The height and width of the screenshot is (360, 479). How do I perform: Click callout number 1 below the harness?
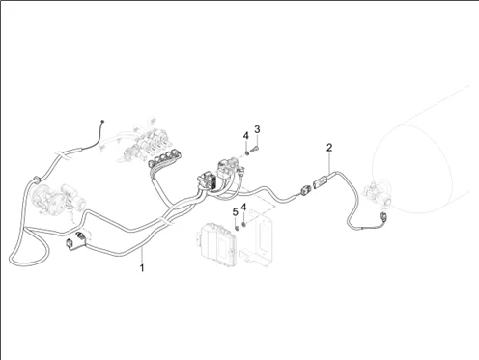142,267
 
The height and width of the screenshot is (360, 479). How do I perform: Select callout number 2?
329,148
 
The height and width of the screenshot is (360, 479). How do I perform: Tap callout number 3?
257,129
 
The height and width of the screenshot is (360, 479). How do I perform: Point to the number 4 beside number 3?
246,136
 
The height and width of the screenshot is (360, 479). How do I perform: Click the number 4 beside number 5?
243,207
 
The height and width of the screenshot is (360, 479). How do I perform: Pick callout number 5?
236,212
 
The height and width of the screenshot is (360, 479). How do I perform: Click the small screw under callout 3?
254,150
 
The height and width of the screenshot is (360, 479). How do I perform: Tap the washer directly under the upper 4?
246,152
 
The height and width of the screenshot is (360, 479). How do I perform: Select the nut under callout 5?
237,228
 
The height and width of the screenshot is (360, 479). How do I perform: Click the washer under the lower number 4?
243,224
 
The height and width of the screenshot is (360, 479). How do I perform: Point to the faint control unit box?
216,245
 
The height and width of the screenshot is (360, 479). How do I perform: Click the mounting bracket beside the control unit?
257,238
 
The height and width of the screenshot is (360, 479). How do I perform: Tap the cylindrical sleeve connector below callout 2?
320,183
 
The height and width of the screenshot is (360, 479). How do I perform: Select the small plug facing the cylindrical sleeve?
305,191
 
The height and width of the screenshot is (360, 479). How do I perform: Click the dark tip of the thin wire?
102,121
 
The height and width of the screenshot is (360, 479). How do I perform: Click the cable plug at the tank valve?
383,217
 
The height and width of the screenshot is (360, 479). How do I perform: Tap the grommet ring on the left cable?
36,179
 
